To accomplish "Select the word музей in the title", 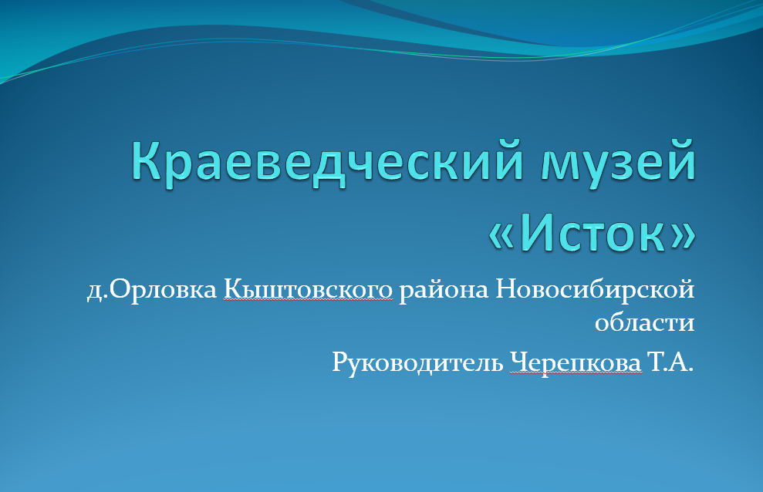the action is coord(619,161).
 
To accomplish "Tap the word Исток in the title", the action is coord(593,233).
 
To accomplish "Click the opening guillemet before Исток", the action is coord(501,237).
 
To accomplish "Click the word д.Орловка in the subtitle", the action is coord(152,291).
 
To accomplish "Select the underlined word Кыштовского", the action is coord(308,290).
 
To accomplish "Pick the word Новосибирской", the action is coord(595,291).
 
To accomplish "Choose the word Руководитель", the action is coord(417,362).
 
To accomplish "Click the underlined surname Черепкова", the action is coord(576,362).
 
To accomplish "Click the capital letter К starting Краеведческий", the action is coord(146,160).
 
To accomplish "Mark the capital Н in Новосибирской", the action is coord(506,290).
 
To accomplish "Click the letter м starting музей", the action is coord(559,165).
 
